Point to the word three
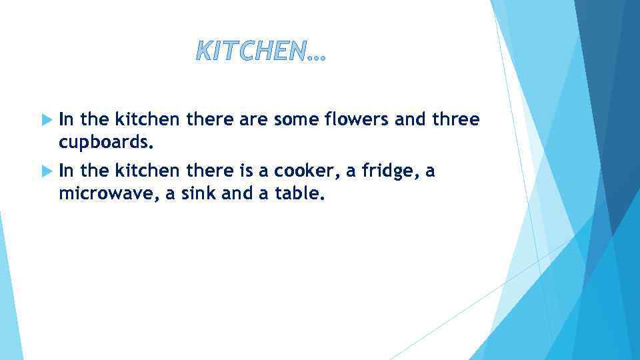(456, 119)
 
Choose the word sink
(209, 195)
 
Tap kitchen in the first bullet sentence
(147, 119)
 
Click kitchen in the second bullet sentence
(147, 171)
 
